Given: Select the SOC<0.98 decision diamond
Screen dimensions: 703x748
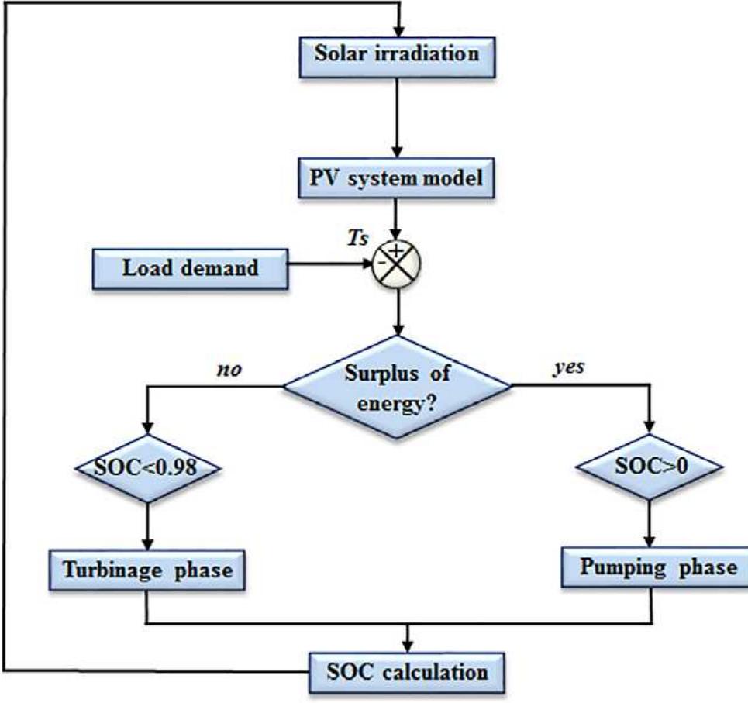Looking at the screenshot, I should pyautogui.click(x=146, y=467).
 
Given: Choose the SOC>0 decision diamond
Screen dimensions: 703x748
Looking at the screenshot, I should pyautogui.click(x=650, y=467).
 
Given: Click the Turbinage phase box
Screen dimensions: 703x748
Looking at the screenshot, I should pyautogui.click(x=146, y=570).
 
